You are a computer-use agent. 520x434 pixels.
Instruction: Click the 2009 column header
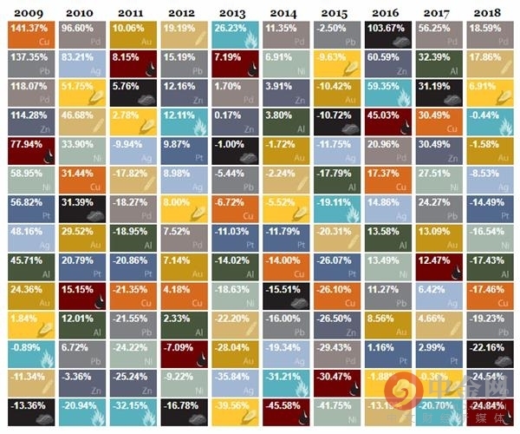[29, 12]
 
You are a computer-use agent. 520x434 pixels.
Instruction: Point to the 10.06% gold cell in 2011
[132, 36]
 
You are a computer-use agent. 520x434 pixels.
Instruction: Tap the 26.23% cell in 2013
[233, 36]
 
